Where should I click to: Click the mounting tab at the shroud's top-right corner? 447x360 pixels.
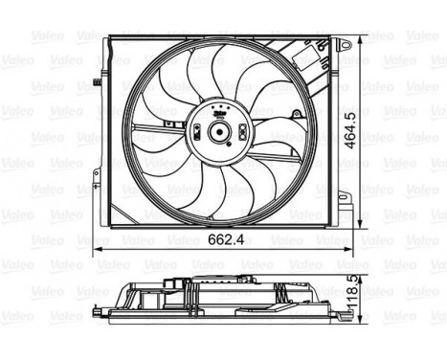tap(342, 43)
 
